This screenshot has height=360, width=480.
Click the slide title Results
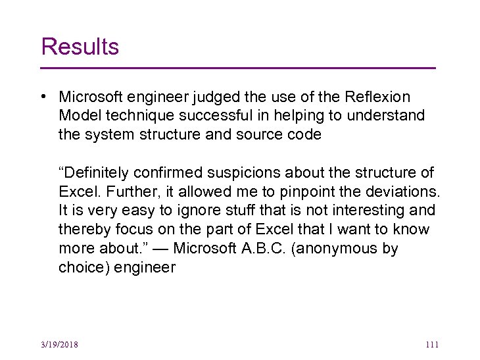(80, 47)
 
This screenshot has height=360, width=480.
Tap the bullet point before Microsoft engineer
(42, 97)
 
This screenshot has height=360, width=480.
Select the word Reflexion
(377, 97)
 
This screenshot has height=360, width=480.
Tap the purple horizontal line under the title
(238, 68)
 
